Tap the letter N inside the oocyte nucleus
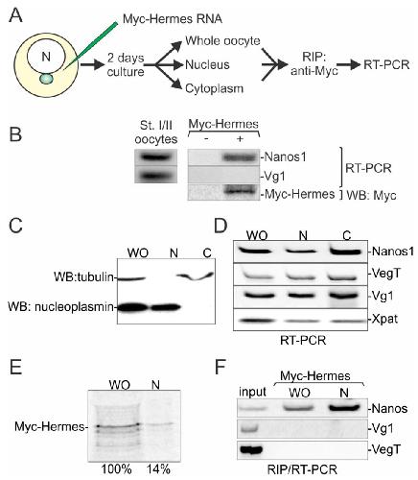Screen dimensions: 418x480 (46, 57)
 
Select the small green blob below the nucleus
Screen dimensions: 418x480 (47, 79)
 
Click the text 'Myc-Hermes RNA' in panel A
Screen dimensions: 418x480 (173, 19)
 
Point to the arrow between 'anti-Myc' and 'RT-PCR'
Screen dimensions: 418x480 (349, 65)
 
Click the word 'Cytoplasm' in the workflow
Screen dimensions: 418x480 (214, 88)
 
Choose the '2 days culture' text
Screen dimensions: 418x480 (126, 65)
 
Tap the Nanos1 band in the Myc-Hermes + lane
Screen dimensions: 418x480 (241, 157)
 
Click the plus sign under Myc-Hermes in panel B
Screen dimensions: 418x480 (240, 139)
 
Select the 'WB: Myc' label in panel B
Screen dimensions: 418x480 (371, 195)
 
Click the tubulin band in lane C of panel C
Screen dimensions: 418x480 (196, 276)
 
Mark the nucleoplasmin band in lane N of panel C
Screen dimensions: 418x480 (165, 307)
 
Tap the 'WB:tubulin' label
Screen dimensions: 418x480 (83, 277)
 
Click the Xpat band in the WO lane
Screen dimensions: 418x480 (257, 320)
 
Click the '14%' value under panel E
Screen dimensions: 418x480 (158, 469)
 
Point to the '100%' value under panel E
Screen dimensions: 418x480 (117, 469)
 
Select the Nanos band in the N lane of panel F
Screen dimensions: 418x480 (344, 408)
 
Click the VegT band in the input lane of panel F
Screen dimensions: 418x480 (251, 450)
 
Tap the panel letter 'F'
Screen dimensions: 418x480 (221, 367)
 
